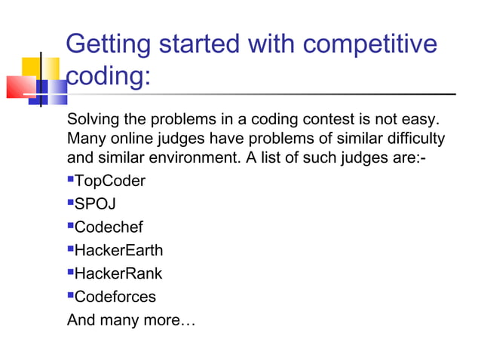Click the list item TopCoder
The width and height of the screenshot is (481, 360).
tap(110, 181)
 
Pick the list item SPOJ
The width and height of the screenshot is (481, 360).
tap(96, 204)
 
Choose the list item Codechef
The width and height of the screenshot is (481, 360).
tap(109, 227)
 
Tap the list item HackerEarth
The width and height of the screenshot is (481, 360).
tap(118, 250)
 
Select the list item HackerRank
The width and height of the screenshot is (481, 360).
tap(118, 273)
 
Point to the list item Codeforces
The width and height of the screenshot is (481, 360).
tap(115, 297)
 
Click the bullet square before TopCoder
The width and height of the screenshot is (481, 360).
tap(70, 180)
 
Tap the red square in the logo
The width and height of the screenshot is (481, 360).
tap(20, 86)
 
